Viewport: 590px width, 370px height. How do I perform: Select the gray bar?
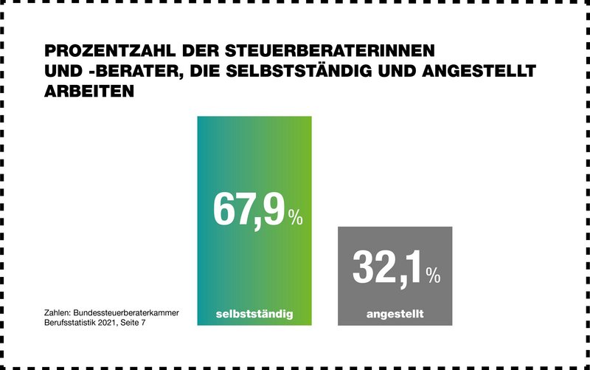coord(395,244)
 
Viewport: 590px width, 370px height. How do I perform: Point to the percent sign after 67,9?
coord(296,218)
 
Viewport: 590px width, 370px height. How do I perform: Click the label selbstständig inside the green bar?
coord(254,314)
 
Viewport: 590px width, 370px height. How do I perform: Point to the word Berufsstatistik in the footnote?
coord(72,323)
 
